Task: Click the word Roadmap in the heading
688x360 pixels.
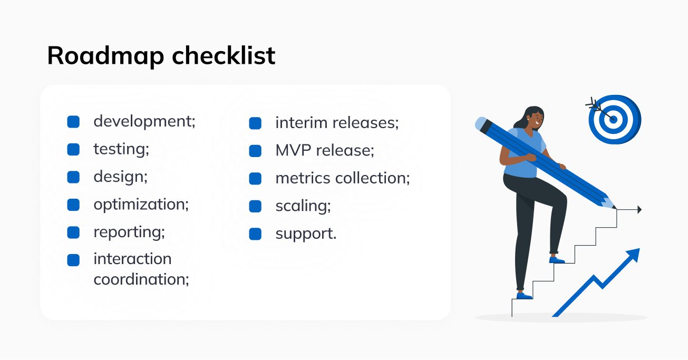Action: click(x=105, y=56)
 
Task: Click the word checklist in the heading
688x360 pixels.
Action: click(x=224, y=55)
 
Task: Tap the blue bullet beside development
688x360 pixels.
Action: click(x=73, y=122)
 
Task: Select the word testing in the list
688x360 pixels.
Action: click(x=121, y=149)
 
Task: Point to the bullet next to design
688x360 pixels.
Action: click(x=73, y=177)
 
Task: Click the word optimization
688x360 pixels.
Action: click(x=141, y=205)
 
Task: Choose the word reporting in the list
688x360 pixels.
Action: click(x=129, y=232)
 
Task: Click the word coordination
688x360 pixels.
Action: click(x=141, y=279)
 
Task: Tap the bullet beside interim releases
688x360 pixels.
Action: click(x=255, y=123)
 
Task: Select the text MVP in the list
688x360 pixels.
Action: click(x=293, y=151)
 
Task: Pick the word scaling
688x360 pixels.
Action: click(x=303, y=206)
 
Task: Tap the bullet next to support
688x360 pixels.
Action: click(x=255, y=234)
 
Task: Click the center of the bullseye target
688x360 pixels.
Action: click(x=613, y=120)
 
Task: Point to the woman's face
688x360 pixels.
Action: click(x=537, y=119)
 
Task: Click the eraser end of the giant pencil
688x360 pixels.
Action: click(x=481, y=123)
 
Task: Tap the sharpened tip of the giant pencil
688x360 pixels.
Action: click(x=615, y=208)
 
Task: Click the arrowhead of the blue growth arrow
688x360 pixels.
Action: click(x=634, y=255)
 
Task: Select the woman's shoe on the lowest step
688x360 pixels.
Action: click(x=524, y=296)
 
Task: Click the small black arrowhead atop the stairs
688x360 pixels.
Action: click(x=639, y=209)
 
